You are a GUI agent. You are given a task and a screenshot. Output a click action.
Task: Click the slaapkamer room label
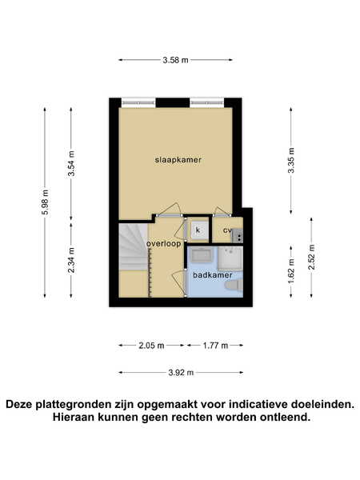(178, 160)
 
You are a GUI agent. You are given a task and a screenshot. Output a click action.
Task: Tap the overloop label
(163, 244)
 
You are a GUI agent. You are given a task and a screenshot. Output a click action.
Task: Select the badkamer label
(213, 275)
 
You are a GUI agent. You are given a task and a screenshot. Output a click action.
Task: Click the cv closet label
(227, 230)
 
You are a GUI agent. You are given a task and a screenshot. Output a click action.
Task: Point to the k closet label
(198, 230)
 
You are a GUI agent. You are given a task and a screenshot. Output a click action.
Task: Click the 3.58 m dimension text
(175, 60)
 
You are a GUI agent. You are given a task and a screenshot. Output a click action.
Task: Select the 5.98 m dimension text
(45, 202)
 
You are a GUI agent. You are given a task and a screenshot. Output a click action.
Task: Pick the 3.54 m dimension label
(71, 164)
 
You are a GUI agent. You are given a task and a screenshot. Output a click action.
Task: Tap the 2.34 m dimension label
(71, 260)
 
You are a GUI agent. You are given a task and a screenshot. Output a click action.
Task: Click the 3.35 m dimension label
(291, 161)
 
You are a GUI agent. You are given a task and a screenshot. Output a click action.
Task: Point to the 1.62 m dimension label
(291, 271)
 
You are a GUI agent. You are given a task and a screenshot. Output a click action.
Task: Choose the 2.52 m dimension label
(312, 257)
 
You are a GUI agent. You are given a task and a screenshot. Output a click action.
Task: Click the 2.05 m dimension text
(151, 346)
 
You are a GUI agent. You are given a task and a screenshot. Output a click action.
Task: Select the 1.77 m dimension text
(215, 346)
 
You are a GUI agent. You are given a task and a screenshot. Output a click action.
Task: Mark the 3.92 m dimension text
(181, 373)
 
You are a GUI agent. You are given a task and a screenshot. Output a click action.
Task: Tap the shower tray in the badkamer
(230, 258)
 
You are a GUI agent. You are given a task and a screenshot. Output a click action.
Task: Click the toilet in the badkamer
(234, 286)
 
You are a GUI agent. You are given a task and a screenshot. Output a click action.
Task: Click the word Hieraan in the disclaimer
(74, 417)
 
